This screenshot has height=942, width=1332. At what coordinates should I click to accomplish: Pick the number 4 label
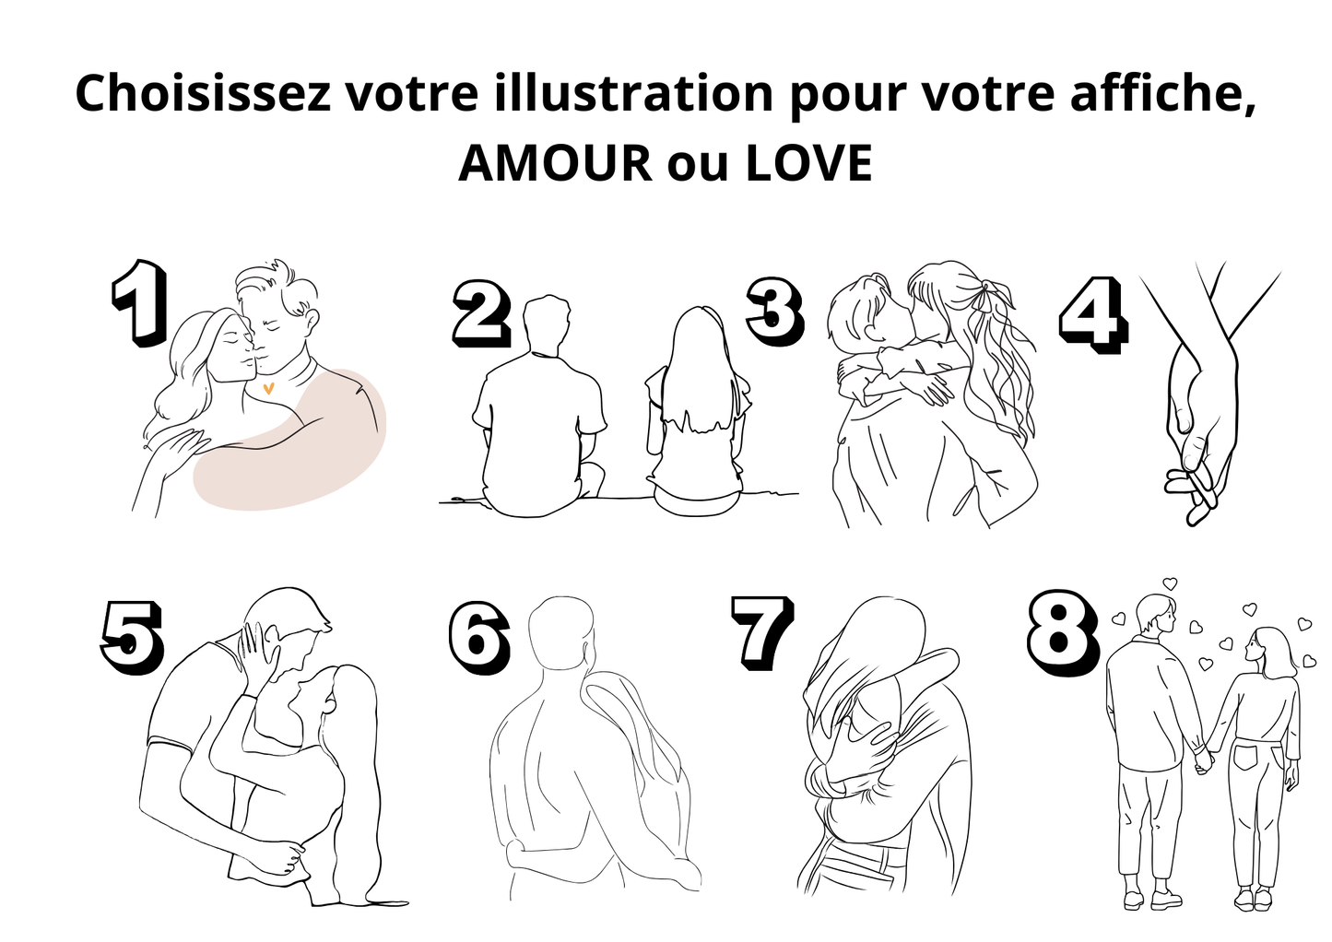pyautogui.click(x=1093, y=314)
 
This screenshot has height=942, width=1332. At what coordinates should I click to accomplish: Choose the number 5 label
pyautogui.click(x=132, y=636)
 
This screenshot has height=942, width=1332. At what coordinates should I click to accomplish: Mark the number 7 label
pyautogui.click(x=763, y=632)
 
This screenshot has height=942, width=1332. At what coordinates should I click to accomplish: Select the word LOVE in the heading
pyautogui.click(x=808, y=163)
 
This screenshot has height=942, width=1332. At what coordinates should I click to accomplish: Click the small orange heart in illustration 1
pyautogui.click(x=268, y=389)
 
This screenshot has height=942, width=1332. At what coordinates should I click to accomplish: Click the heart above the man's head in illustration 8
pyautogui.click(x=1170, y=583)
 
